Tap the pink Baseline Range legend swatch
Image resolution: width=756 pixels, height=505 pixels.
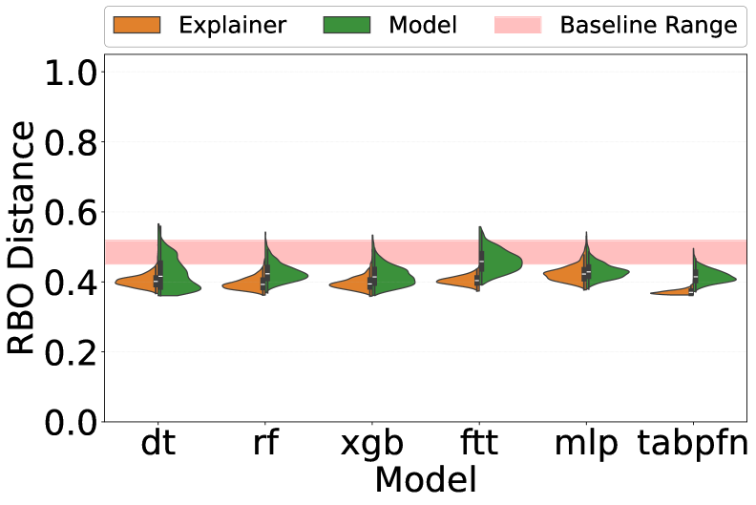517,26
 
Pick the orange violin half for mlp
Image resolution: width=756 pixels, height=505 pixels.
569,274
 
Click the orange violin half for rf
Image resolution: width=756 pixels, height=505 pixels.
250,284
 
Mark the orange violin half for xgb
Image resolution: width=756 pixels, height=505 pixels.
357,284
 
